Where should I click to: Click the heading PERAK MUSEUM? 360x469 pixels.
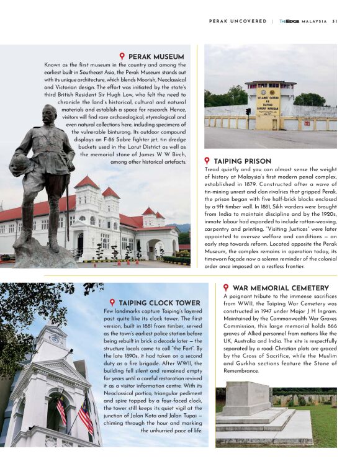(x=157, y=56)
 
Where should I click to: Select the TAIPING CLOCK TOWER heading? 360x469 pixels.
(x=160, y=303)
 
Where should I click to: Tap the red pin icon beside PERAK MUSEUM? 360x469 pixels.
(x=122, y=56)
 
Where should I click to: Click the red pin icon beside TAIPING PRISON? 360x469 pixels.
(x=207, y=161)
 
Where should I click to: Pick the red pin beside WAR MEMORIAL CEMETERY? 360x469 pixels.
(x=226, y=288)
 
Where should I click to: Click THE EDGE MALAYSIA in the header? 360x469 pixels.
(x=302, y=21)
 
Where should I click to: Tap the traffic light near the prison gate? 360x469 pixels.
(x=248, y=111)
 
